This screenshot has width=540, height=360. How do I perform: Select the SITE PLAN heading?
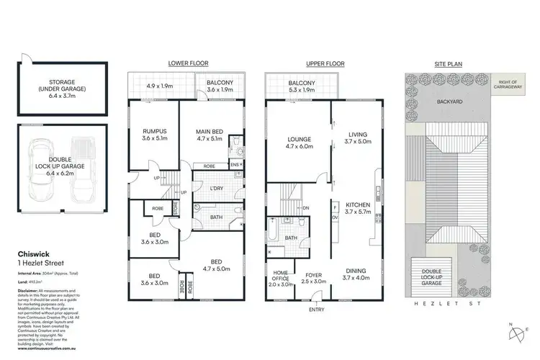(449, 63)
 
